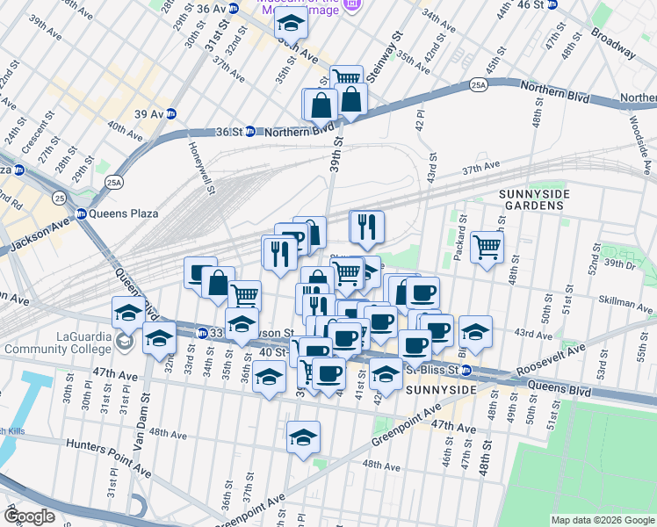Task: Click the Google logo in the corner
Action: [x=29, y=516]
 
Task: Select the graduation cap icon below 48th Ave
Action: [x=303, y=437]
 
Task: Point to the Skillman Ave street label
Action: [x=625, y=309]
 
